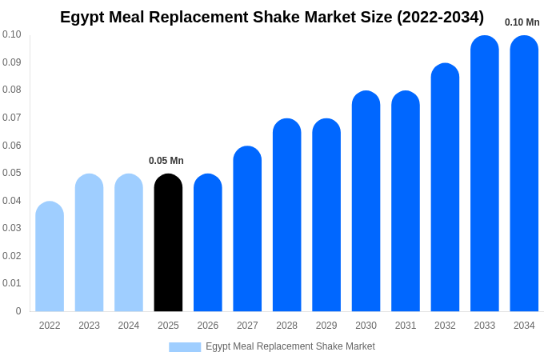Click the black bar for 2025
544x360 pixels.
click(168, 243)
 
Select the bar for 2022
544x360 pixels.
click(50, 257)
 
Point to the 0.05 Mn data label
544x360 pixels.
click(166, 161)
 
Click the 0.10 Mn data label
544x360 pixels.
click(522, 22)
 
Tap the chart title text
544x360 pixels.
click(272, 17)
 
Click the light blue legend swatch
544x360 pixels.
click(185, 347)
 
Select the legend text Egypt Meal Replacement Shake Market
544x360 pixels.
click(290, 346)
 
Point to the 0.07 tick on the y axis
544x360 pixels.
click(12, 118)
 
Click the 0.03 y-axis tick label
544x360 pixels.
click(12, 228)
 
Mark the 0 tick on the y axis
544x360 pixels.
click(18, 311)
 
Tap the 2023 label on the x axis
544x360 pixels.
click(89, 326)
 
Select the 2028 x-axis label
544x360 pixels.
click(286, 326)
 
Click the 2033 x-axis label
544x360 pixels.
click(484, 326)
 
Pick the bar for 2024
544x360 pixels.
click(129, 243)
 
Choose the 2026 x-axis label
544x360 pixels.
click(208, 326)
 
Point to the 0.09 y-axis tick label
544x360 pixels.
click(12, 62)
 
